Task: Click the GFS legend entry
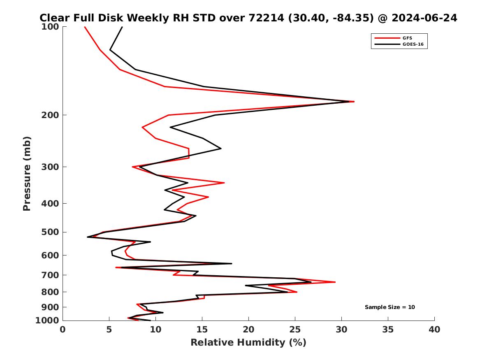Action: coord(407,38)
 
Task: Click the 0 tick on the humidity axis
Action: coord(63,330)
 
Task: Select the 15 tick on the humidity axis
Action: coord(202,330)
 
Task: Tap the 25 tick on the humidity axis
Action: coord(295,330)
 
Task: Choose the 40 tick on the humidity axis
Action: coord(434,330)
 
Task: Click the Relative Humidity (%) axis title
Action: coord(248,343)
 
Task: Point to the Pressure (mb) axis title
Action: coord(27,174)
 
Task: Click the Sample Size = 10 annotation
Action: coord(390,307)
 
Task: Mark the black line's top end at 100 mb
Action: coord(122,27)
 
